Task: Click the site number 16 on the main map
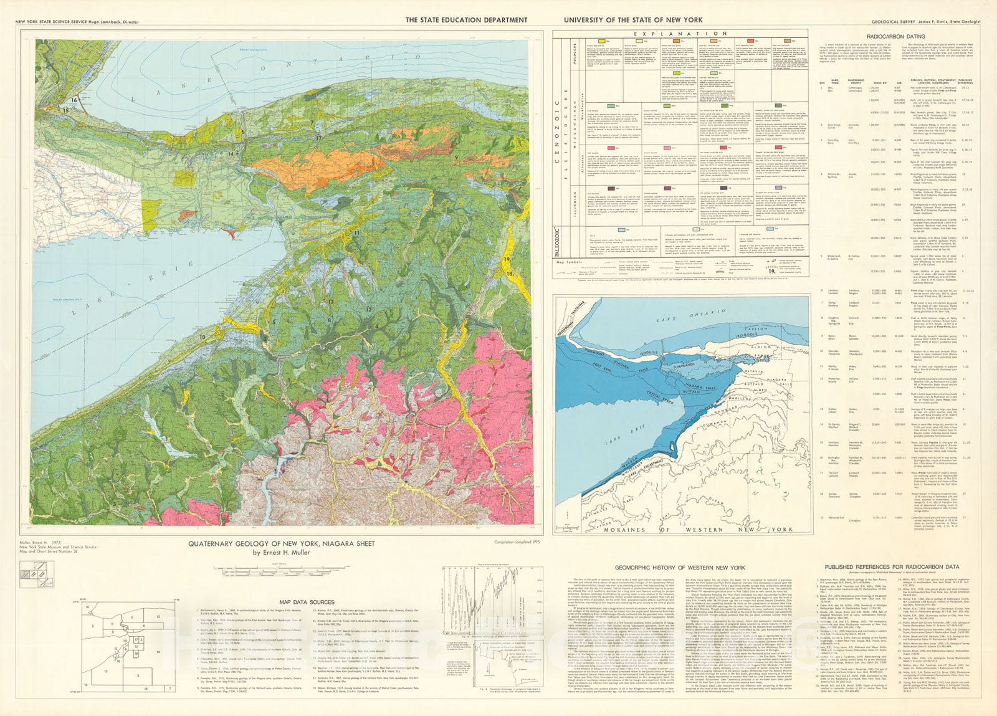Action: coord(74,100)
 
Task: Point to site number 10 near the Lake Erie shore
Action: coord(203,337)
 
